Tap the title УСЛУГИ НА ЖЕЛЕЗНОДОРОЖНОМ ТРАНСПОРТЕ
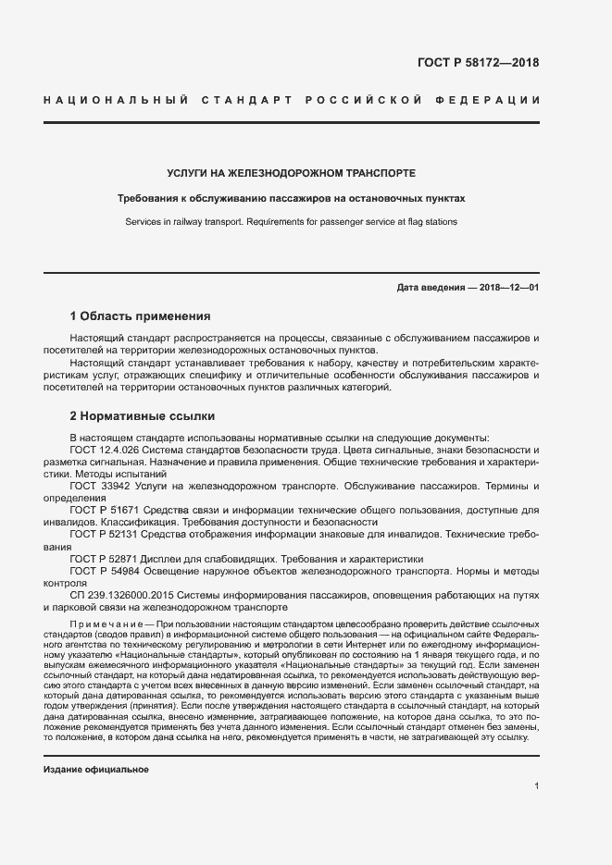tap(291, 173)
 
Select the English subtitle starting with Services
tap(291, 222)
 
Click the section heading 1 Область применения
tap(140, 315)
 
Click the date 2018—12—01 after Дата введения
tap(509, 288)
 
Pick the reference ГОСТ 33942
tap(95, 485)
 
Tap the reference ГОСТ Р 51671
tap(100, 510)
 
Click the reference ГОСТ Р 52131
tap(100, 535)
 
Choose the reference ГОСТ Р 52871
tap(100, 559)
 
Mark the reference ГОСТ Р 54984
tap(100, 572)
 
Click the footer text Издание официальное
tap(96, 770)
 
